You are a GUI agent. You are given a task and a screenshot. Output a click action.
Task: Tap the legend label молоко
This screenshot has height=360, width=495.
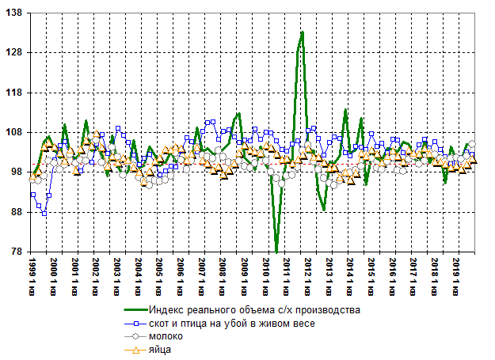(167, 336)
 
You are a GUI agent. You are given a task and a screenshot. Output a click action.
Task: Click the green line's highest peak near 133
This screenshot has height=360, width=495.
(303, 32)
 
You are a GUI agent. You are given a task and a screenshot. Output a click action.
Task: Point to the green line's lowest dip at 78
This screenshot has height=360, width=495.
(276, 251)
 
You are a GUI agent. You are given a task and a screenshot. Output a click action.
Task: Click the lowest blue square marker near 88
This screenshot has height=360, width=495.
(44, 214)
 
